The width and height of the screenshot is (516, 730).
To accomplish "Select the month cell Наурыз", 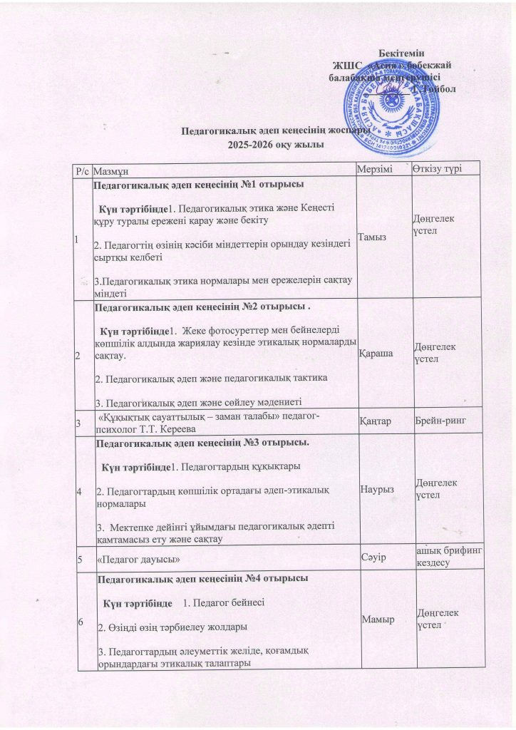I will click(376, 490).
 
